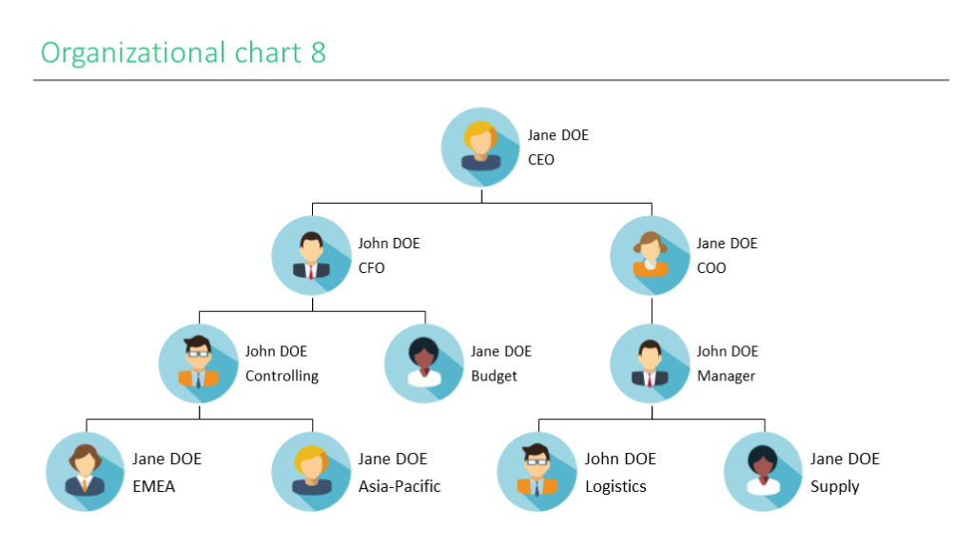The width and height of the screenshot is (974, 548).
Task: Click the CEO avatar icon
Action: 481,147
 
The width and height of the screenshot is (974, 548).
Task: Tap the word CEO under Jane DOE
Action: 541,160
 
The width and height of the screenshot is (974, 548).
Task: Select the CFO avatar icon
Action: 312,255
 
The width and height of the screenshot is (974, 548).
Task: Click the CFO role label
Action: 371,268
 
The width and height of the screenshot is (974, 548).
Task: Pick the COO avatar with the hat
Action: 651,255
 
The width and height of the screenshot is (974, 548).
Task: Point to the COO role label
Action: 711,268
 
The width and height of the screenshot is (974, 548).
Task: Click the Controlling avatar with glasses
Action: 199,363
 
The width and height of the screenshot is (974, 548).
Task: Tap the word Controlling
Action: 282,376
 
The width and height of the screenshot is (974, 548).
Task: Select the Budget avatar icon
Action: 424,363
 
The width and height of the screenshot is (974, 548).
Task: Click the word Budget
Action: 494,376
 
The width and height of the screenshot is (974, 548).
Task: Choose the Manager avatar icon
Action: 651,363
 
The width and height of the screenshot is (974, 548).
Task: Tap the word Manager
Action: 726,376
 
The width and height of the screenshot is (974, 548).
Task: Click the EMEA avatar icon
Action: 86,472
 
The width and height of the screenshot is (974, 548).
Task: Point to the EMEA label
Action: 153,486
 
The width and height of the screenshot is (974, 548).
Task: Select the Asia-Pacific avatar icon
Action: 312,472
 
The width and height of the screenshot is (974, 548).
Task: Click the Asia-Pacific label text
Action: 399,486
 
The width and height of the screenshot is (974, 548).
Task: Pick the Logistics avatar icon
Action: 537,472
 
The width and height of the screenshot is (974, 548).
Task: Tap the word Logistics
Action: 615,486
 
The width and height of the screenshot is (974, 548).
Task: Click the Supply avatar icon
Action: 764,472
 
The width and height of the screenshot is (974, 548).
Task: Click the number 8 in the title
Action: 318,52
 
